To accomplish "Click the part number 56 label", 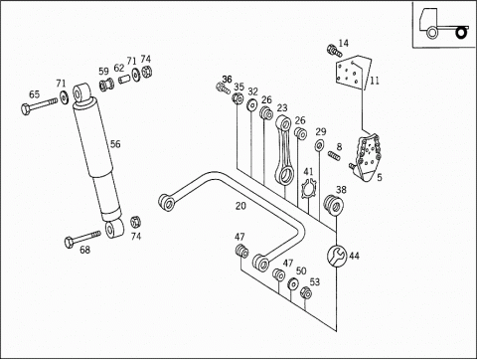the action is [x=115, y=144].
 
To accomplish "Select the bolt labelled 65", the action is [x=39, y=105].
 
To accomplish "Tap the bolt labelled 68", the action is [x=82, y=239].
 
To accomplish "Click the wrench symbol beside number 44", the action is [x=337, y=256].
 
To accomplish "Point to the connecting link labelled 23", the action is [x=283, y=150].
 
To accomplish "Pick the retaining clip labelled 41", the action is [x=310, y=190].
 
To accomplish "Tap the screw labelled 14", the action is [x=334, y=51].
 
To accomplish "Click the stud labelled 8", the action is [x=334, y=155].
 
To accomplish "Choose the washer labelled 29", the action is [x=319, y=145].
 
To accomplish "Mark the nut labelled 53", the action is [x=306, y=292].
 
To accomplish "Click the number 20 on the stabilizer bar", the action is [x=240, y=206].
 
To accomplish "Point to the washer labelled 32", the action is [x=252, y=104].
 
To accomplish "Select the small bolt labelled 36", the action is [x=223, y=89].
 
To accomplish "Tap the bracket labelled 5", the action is [x=367, y=157].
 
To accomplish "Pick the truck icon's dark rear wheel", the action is [x=461, y=33].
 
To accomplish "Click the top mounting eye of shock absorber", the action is [x=80, y=92].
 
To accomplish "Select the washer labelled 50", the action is [x=293, y=284].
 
